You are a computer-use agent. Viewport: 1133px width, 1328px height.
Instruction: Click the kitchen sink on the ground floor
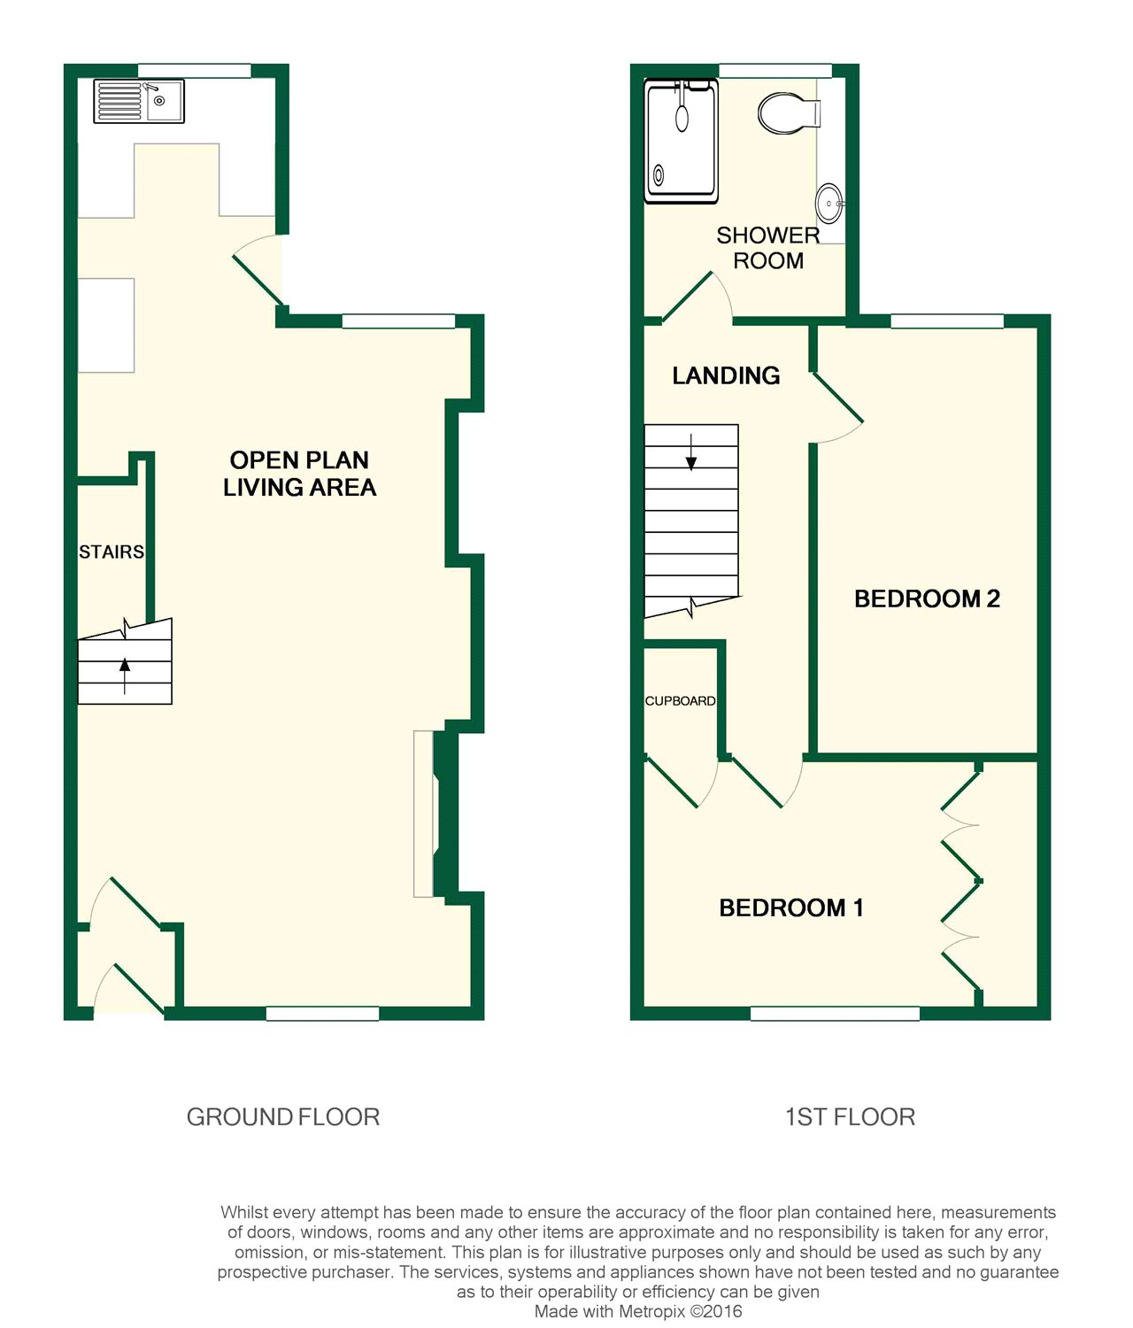coord(139,101)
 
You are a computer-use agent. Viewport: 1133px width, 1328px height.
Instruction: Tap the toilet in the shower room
coord(790,113)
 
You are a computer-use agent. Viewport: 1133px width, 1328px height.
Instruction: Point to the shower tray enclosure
coord(681,142)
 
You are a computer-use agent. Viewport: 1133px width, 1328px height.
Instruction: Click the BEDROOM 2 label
coord(927,598)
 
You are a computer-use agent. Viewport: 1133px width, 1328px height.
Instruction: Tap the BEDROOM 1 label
coord(790,907)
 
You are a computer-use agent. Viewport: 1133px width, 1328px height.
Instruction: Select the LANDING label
coord(726,376)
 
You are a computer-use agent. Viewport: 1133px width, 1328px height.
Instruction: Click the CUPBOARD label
coord(680,701)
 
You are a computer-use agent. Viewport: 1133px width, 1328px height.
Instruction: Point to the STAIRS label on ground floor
coord(112,552)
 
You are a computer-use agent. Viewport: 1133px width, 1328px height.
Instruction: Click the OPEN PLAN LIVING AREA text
coord(299,474)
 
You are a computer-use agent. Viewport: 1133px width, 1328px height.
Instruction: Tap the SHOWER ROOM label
coord(768,248)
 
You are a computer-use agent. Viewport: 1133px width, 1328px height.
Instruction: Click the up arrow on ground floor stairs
coord(125,676)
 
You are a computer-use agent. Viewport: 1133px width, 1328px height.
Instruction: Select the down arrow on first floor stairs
coord(691,452)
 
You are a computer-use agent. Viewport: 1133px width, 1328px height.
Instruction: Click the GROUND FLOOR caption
coord(283,1117)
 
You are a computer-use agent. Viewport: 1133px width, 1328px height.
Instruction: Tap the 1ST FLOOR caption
coord(850,1117)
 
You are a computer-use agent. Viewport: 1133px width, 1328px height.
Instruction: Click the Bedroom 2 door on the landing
coord(838,398)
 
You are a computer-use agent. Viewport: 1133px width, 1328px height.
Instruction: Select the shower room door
coord(689,296)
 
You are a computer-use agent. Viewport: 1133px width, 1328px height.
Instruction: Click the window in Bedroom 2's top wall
coord(947,321)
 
